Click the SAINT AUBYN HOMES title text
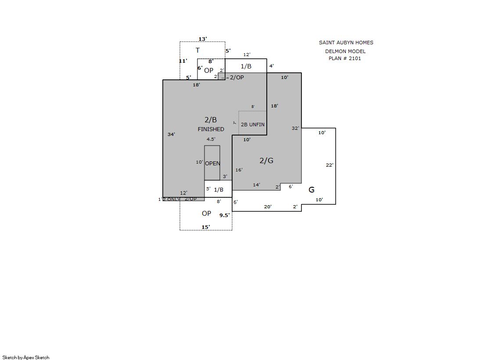click(346, 43)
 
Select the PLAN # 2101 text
click(345, 58)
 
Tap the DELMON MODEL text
click(345, 51)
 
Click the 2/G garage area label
click(266, 160)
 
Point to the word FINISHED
click(211, 129)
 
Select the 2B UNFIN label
click(253, 125)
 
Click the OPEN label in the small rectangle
click(212, 164)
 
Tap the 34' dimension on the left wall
click(171, 134)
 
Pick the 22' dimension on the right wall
click(330, 165)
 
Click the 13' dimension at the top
click(203, 39)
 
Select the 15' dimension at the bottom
click(206, 227)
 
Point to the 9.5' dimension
click(225, 215)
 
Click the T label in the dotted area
click(197, 50)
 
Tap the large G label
click(312, 190)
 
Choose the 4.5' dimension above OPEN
click(211, 139)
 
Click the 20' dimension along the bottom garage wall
click(268, 207)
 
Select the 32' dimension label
click(295, 128)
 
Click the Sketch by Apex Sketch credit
click(26, 357)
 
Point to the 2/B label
click(211, 120)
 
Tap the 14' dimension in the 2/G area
click(256, 185)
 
